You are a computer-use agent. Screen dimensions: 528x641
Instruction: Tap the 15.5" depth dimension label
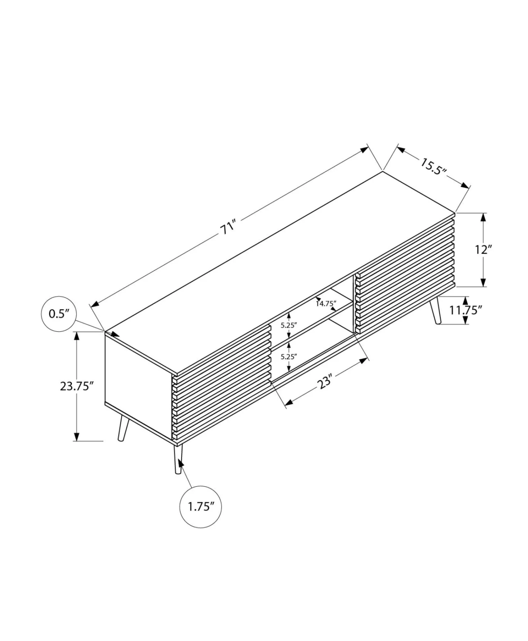click(434, 166)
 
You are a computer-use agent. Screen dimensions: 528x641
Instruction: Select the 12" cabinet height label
click(483, 249)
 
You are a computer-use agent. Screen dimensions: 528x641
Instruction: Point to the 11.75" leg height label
click(466, 310)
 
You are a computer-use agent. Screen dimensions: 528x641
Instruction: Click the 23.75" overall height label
click(77, 386)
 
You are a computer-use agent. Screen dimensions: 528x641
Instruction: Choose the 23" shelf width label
click(325, 381)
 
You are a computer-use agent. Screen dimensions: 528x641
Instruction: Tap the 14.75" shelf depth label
click(326, 304)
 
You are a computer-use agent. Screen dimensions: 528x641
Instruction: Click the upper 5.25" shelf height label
click(289, 325)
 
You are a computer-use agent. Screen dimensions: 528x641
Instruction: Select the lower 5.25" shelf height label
click(289, 356)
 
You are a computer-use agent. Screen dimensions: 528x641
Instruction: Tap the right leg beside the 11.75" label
click(435, 311)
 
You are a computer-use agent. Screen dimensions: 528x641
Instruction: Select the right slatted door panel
click(405, 273)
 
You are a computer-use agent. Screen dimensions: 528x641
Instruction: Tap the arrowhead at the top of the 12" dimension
click(483, 217)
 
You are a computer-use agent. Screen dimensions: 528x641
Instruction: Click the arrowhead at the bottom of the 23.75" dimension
click(77, 437)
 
